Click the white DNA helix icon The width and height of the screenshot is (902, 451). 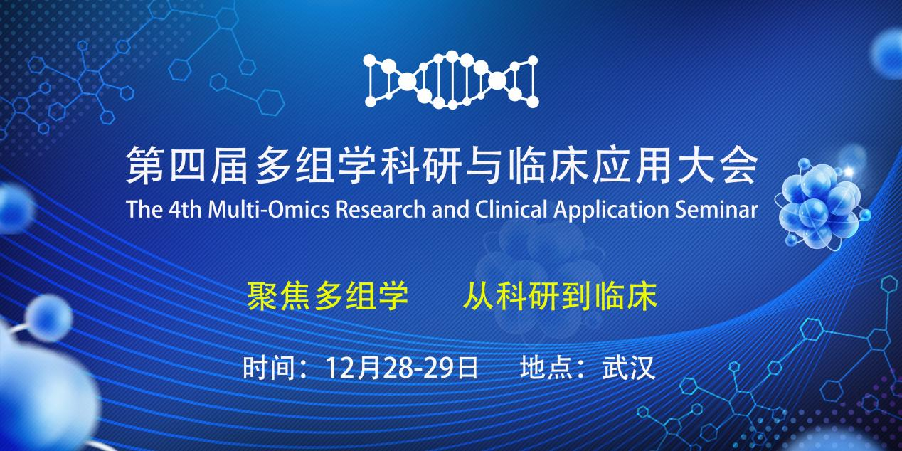(x=451, y=80)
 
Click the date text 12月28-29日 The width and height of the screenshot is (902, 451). (x=400, y=368)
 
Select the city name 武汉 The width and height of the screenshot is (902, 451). (x=628, y=368)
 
